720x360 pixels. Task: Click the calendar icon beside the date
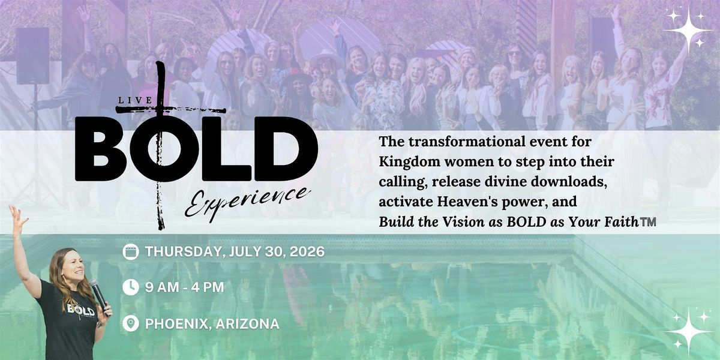(x=131, y=251)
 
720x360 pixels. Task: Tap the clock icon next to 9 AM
(x=131, y=287)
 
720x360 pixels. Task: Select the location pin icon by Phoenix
(x=131, y=323)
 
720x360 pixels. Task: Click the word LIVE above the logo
(x=135, y=100)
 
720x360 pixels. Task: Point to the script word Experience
(x=247, y=203)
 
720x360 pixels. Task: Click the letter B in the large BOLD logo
(x=100, y=149)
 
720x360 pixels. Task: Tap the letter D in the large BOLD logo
(x=286, y=149)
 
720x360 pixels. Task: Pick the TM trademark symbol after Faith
(x=648, y=222)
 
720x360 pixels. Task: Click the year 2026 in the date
(x=307, y=251)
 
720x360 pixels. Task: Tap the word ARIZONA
(x=247, y=323)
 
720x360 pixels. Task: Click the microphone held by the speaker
(x=99, y=296)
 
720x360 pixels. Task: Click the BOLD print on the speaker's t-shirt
(x=80, y=311)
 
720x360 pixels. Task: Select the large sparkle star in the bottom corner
(x=689, y=331)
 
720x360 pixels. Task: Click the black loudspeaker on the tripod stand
(x=33, y=56)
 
